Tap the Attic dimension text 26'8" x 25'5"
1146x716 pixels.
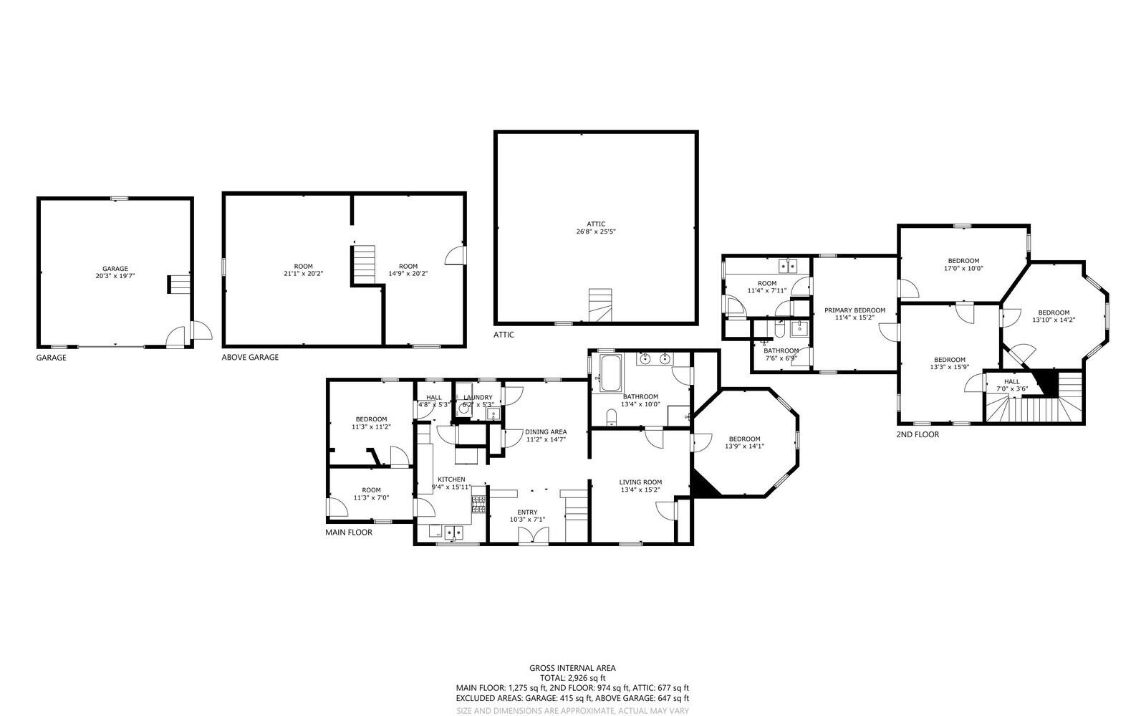coord(596,231)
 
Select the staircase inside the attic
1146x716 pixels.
coord(600,305)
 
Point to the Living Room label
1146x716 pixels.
coord(640,482)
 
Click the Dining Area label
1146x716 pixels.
coord(546,432)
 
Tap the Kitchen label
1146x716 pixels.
coord(451,479)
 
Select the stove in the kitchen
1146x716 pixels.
coord(478,504)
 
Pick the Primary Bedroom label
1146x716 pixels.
coord(855,310)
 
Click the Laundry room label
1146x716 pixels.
coord(478,398)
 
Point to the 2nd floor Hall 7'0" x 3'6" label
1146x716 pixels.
coord(1012,385)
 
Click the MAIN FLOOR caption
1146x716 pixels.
coord(349,533)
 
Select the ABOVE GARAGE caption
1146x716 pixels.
coord(250,357)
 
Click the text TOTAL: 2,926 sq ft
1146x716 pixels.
coord(572,678)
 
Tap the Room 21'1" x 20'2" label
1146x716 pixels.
coord(304,269)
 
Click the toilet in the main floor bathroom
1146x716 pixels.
coord(612,417)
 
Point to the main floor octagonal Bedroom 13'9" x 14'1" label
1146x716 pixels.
coord(744,443)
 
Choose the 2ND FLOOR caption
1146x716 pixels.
coord(918,434)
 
